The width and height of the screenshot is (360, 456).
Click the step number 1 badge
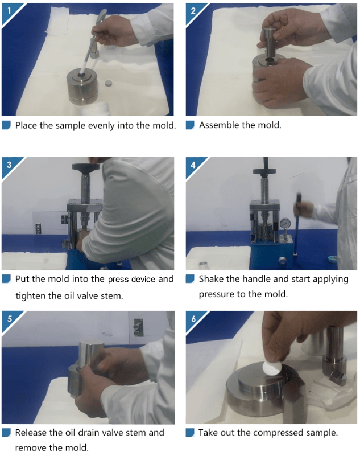coord(9,11)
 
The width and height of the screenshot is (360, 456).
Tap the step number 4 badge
coord(193,165)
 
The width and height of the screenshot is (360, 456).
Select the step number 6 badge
coord(193,319)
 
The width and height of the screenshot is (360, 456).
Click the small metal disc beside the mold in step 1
coord(109,84)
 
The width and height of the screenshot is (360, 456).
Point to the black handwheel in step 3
coord(86,167)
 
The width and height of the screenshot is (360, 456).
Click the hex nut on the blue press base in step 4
coord(281,260)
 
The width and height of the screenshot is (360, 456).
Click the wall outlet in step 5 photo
coord(138,328)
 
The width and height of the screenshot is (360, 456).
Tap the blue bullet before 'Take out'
coord(190,433)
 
